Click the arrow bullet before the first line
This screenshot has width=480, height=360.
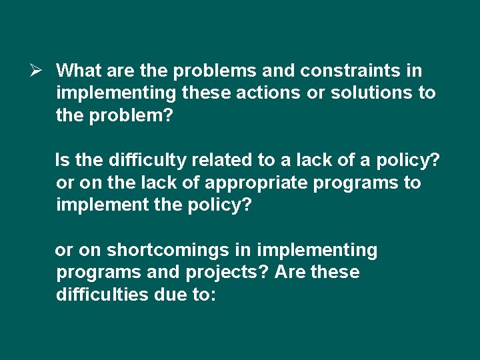tap(37, 70)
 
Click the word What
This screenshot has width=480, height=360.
tap(77, 70)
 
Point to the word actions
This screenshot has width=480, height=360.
tap(268, 93)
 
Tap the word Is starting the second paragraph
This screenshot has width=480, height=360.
tap(63, 160)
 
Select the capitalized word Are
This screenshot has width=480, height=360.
tap(290, 273)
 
